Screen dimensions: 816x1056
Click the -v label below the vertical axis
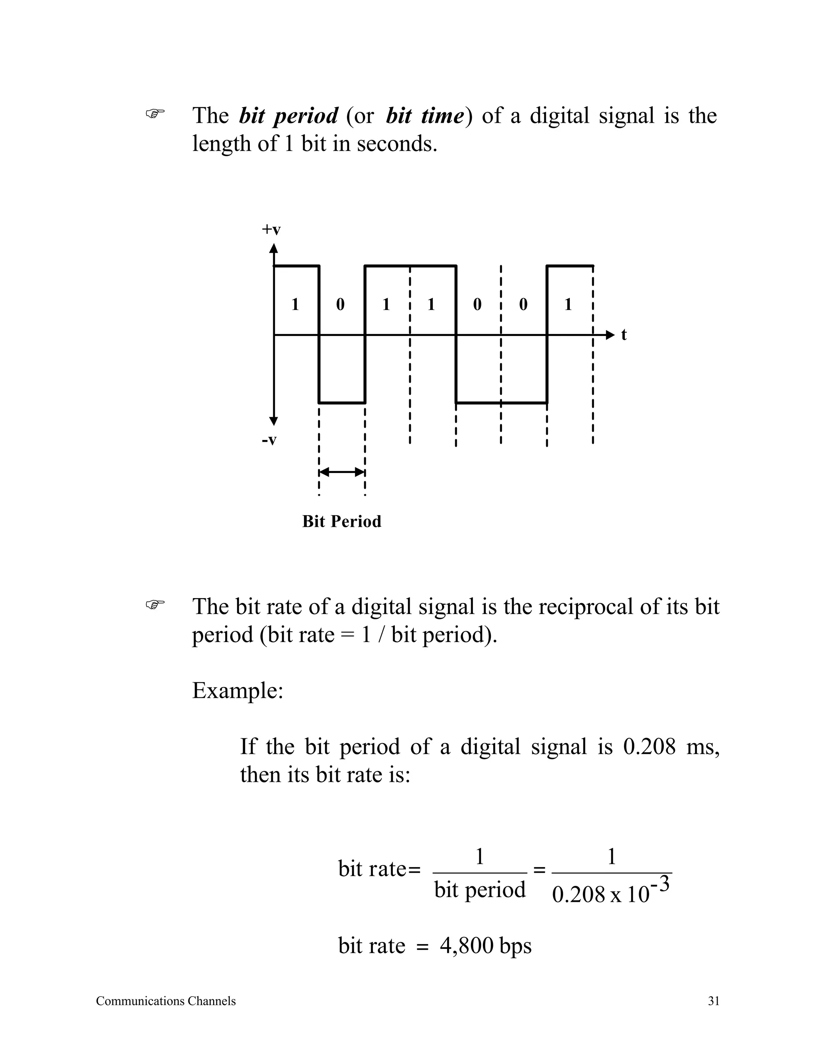click(269, 440)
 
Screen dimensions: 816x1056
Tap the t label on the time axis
click(624, 335)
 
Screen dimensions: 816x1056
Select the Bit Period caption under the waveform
click(341, 521)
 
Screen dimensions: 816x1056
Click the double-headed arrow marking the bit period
click(342, 472)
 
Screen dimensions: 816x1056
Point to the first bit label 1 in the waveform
click(295, 304)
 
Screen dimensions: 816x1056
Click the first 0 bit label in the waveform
click(340, 304)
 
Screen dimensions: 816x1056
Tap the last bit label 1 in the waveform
click(569, 304)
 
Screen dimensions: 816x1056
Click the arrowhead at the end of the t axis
click(610, 335)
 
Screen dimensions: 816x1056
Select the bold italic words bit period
click(288, 116)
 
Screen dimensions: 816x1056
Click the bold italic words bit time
click(425, 116)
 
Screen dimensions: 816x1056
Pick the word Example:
click(237, 691)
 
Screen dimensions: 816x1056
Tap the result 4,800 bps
click(485, 946)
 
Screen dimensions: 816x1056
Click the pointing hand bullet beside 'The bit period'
click(155, 114)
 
